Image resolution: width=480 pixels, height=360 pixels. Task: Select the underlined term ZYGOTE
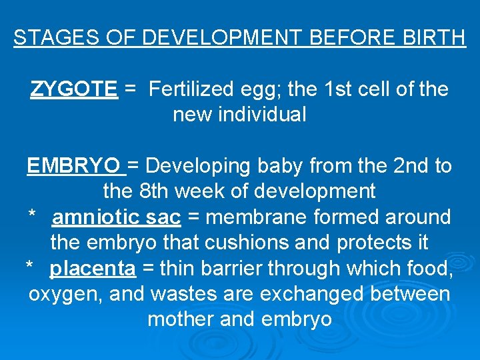click(74, 89)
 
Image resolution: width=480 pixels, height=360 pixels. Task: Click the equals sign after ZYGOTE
click(131, 89)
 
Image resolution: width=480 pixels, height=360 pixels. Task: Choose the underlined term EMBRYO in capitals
click(73, 165)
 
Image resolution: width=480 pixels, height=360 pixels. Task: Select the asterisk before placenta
click(29, 267)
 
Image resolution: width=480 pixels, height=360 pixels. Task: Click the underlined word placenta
click(93, 269)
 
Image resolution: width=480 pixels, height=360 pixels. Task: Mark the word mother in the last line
click(180, 319)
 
